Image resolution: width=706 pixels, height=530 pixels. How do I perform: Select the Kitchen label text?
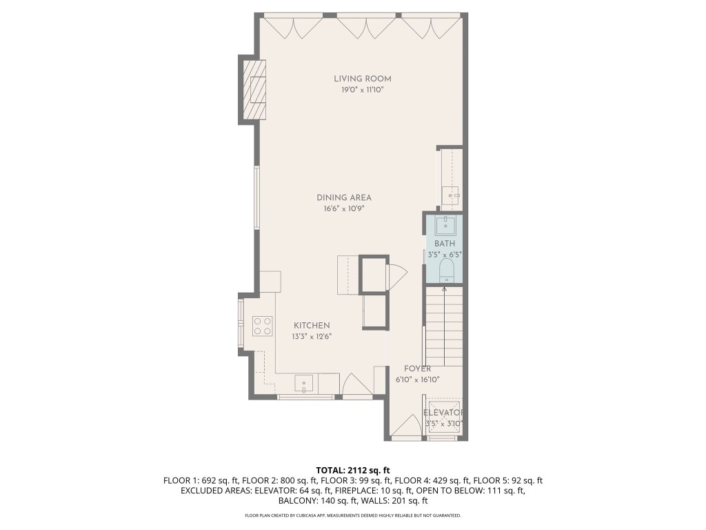tap(312, 326)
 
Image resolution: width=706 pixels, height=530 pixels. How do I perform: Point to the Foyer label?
tap(417, 369)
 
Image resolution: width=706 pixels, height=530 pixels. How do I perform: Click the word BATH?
tap(444, 244)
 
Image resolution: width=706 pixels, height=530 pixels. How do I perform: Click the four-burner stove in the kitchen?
tap(262, 325)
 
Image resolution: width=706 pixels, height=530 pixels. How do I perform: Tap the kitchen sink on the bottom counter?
tap(304, 383)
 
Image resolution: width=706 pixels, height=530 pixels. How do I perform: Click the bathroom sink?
tap(446, 224)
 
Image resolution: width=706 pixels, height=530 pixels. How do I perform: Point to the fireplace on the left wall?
tap(252, 90)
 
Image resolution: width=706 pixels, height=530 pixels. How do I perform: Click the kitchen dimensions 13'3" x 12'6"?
tap(312, 337)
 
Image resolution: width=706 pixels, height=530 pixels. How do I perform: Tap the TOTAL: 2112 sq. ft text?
tap(353, 469)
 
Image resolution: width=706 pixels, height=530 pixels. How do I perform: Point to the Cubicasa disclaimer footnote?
tap(353, 516)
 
